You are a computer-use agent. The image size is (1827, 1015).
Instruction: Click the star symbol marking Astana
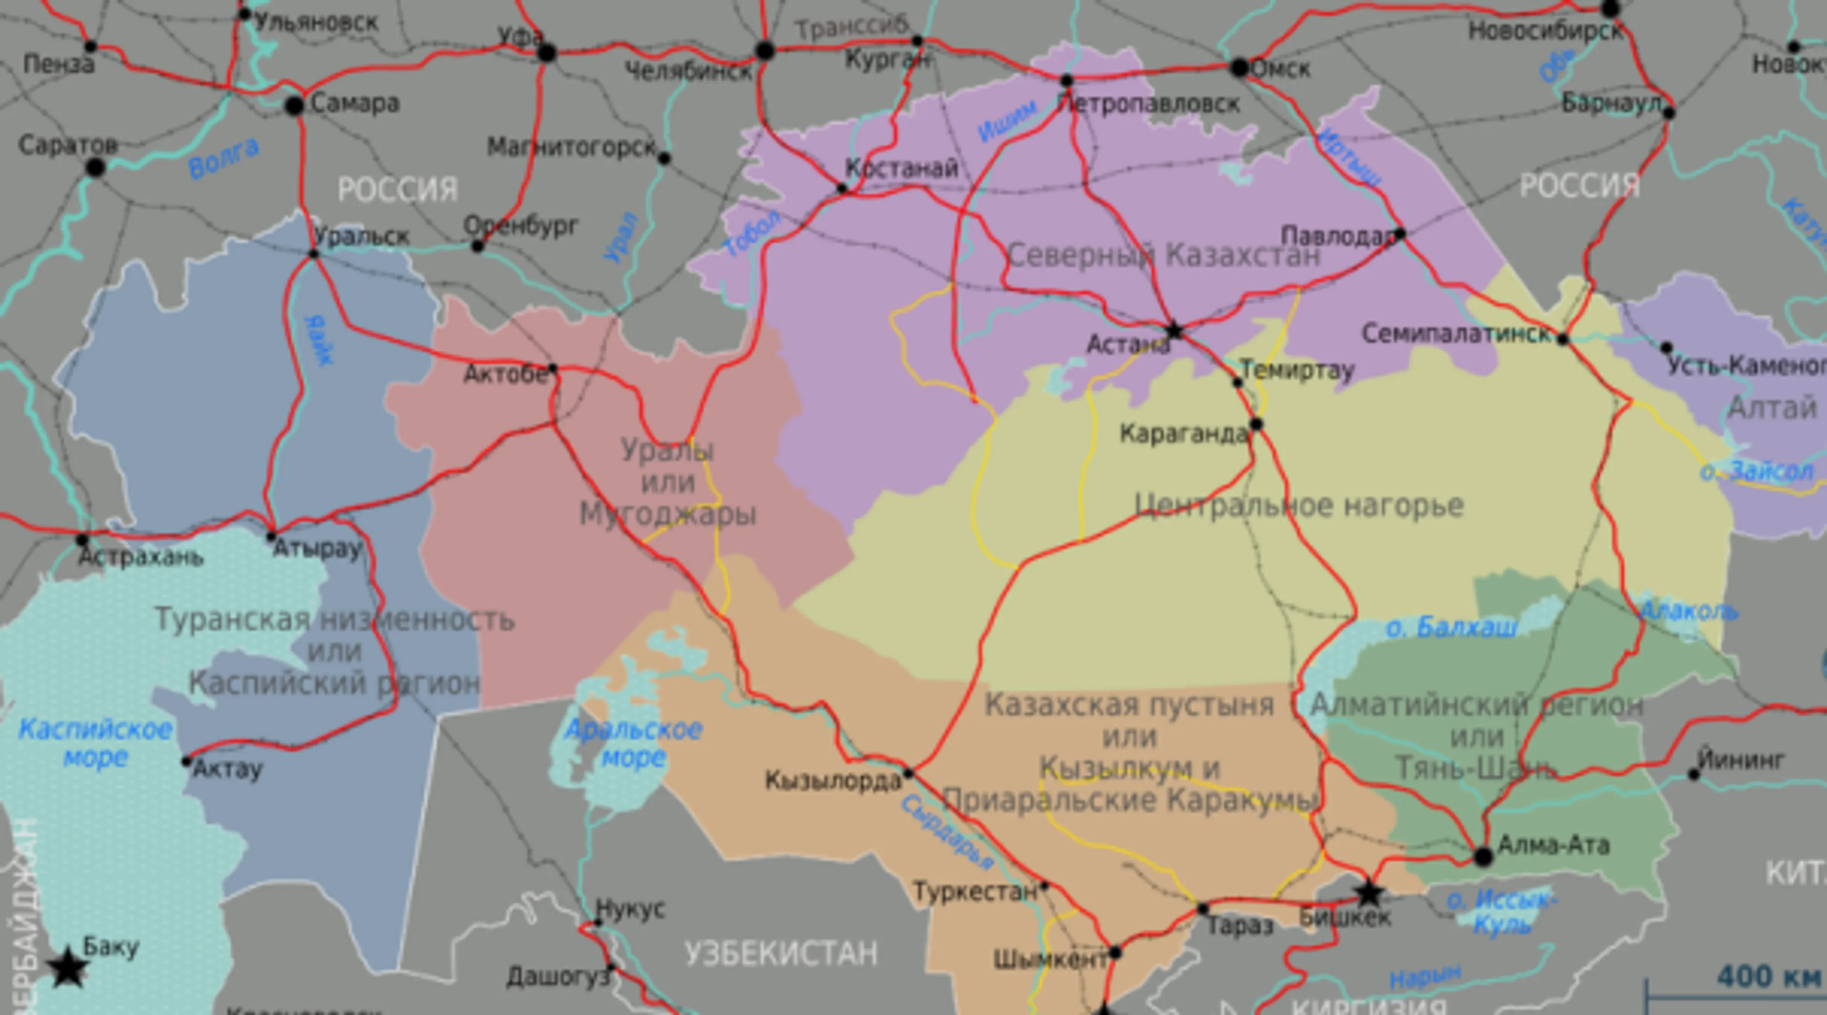[1174, 331]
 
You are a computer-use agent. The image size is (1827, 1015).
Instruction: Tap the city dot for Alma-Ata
[1483, 857]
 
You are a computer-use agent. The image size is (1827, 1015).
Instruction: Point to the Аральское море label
[633, 743]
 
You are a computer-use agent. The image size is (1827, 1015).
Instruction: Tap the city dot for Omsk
[1239, 68]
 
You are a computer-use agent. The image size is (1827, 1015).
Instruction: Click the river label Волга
[224, 158]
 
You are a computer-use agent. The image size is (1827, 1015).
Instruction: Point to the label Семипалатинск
[1456, 334]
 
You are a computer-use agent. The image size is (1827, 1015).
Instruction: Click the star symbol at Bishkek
[1368, 894]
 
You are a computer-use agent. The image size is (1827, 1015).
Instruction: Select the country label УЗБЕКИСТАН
[781, 953]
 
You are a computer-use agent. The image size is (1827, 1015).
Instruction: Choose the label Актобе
[505, 374]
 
